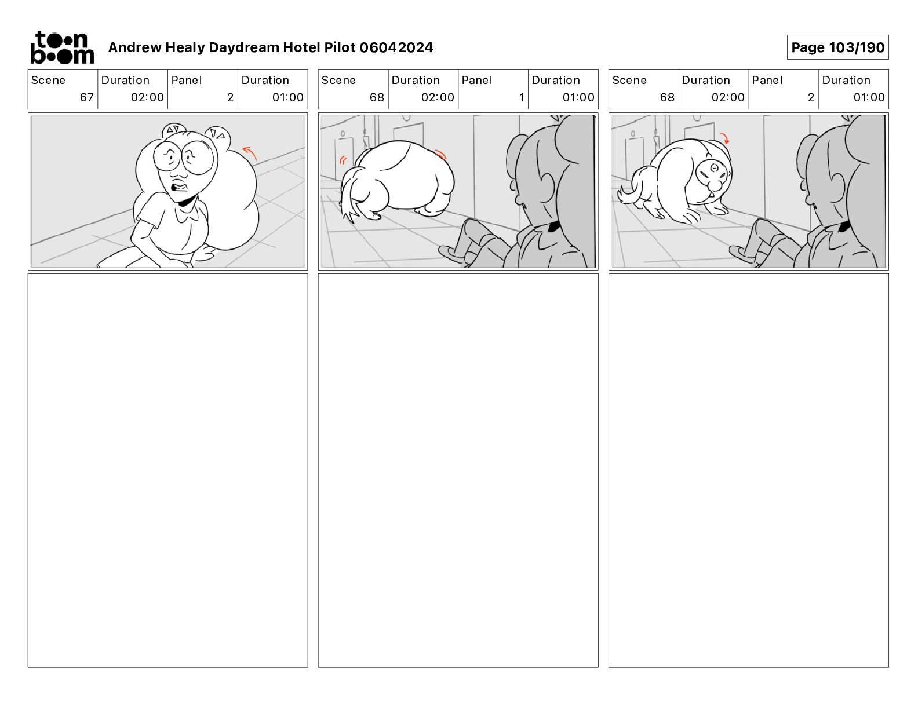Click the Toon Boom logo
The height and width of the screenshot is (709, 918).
[63, 47]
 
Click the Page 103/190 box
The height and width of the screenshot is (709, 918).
[837, 47]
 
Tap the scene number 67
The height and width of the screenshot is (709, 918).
[86, 97]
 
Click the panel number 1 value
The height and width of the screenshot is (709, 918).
[522, 97]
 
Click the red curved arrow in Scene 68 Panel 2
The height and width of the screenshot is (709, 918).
[724, 138]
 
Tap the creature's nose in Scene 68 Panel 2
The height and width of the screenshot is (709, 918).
[713, 185]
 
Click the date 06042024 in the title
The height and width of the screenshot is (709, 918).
[396, 47]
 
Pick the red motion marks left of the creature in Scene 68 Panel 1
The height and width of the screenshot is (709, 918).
[343, 160]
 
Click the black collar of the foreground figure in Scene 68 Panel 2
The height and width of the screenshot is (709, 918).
[844, 226]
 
